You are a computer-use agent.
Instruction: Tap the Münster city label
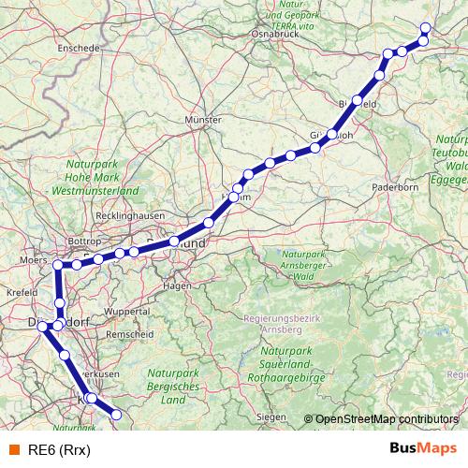coord(203,121)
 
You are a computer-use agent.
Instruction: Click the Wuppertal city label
coord(127,311)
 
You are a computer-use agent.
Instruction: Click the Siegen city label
coord(271,416)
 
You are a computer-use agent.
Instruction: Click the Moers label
coord(33,258)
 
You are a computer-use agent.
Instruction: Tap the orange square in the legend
coord(13,448)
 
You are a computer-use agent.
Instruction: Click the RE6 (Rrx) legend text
coord(59,448)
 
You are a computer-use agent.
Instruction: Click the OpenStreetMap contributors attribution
coord(388,418)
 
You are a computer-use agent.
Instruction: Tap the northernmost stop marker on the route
coord(426,27)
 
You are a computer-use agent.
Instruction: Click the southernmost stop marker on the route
coord(118,415)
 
